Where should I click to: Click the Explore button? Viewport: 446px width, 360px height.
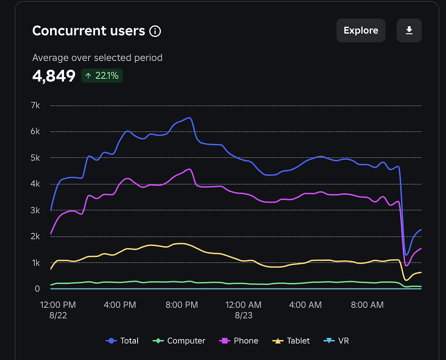click(x=361, y=31)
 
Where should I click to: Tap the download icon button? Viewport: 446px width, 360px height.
click(x=409, y=31)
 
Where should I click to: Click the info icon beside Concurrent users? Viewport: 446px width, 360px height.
click(x=155, y=31)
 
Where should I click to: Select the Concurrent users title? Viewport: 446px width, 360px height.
click(x=88, y=31)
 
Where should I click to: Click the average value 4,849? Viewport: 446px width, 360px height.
click(x=54, y=76)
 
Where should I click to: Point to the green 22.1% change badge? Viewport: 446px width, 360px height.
click(x=102, y=76)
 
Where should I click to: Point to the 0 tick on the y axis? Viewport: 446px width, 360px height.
click(x=37, y=289)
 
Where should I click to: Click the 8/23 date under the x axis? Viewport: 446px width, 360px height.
click(x=243, y=315)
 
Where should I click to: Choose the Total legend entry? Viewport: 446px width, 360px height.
click(x=122, y=341)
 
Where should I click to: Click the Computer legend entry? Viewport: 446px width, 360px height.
click(x=179, y=341)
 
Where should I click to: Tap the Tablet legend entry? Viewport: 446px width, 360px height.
click(x=291, y=341)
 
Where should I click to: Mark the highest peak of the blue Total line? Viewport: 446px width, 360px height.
click(x=189, y=118)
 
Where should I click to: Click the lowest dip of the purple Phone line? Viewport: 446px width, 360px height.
click(x=406, y=265)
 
